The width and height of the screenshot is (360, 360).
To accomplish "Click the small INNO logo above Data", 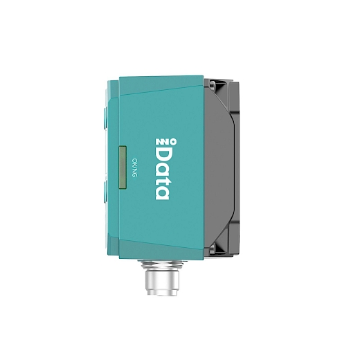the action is tap(166, 141).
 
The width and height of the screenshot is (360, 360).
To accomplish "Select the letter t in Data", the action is tap(163, 183).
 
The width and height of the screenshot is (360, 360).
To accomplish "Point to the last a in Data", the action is tap(162, 194).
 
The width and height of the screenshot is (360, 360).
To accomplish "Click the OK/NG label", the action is tap(134, 168).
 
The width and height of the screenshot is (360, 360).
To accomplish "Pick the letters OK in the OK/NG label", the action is tap(134, 162).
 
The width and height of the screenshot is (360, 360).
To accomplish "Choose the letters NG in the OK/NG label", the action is tap(134, 173).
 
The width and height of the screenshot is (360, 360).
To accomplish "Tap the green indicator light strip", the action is tap(123, 168).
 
